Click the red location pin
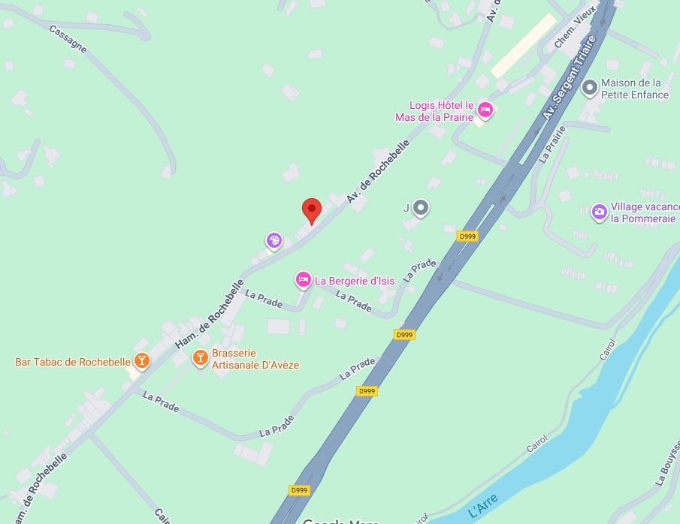(312, 209)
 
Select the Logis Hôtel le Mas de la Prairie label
(435, 111)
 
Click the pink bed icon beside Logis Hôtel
(485, 110)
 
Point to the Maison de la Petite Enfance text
(635, 89)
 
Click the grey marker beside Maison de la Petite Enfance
(590, 89)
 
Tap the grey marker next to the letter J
(421, 207)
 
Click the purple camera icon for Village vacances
(599, 212)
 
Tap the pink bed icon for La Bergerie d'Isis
(303, 280)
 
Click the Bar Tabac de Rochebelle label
(73, 362)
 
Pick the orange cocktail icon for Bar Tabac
(141, 361)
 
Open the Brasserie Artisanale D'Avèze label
(255, 359)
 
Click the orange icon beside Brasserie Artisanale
(200, 357)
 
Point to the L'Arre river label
(483, 510)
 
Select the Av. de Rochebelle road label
(378, 172)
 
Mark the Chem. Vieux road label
(575, 29)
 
